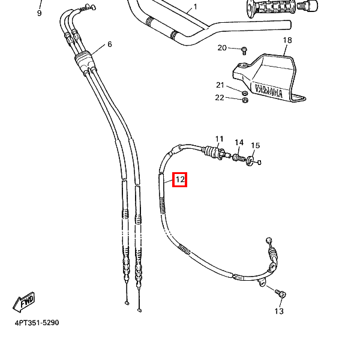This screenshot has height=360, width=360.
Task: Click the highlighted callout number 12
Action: (x=180, y=179)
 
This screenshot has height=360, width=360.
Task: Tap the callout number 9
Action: (x=40, y=13)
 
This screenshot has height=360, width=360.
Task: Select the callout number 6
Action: (x=110, y=44)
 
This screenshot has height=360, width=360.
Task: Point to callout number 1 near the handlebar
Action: (x=195, y=8)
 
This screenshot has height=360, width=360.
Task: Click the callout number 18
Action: (x=287, y=40)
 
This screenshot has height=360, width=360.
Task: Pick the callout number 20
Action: (x=222, y=48)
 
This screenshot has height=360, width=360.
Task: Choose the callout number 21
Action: (x=220, y=85)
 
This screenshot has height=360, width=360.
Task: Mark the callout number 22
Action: (x=220, y=97)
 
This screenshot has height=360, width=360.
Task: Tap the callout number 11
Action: (x=219, y=139)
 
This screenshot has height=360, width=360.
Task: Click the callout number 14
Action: (x=239, y=143)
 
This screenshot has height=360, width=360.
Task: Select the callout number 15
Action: (x=255, y=146)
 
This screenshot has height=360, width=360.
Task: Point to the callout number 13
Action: (x=279, y=311)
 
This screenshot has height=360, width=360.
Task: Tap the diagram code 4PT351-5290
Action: (x=37, y=323)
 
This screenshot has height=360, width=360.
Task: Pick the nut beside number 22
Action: (x=245, y=100)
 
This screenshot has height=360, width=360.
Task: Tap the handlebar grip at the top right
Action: (x=264, y=8)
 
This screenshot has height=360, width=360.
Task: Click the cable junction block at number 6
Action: (x=83, y=59)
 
